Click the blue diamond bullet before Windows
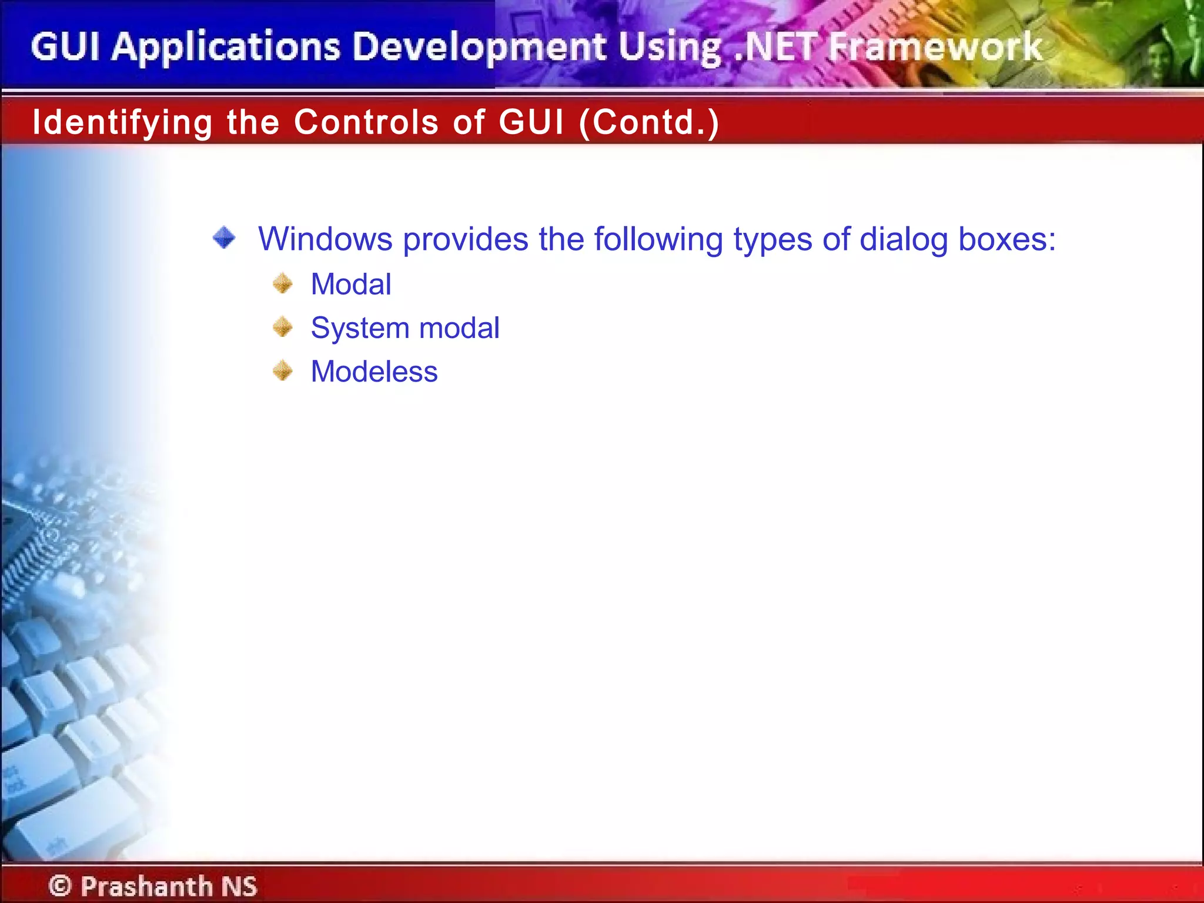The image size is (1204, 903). pyautogui.click(x=224, y=238)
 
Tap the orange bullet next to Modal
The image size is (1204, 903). pyautogui.click(x=283, y=283)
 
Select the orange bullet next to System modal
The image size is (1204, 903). pyautogui.click(x=283, y=327)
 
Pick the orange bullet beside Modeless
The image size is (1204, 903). pyautogui.click(x=283, y=371)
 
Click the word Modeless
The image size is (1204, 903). pyautogui.click(x=374, y=372)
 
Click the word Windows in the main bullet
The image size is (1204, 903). pyautogui.click(x=325, y=239)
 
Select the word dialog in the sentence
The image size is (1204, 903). pyautogui.click(x=904, y=239)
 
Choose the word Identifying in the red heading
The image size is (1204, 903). pyautogui.click(x=122, y=122)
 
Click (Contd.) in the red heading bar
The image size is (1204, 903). pyautogui.click(x=649, y=122)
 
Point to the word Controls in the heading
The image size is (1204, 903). pyautogui.click(x=366, y=122)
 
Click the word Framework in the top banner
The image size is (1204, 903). pyautogui.click(x=935, y=47)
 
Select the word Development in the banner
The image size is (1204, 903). pyautogui.click(x=480, y=47)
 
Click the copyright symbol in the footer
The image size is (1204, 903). pyautogui.click(x=60, y=885)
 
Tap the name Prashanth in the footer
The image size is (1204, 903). pyautogui.click(x=146, y=885)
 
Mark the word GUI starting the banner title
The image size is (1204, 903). pyautogui.click(x=65, y=47)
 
